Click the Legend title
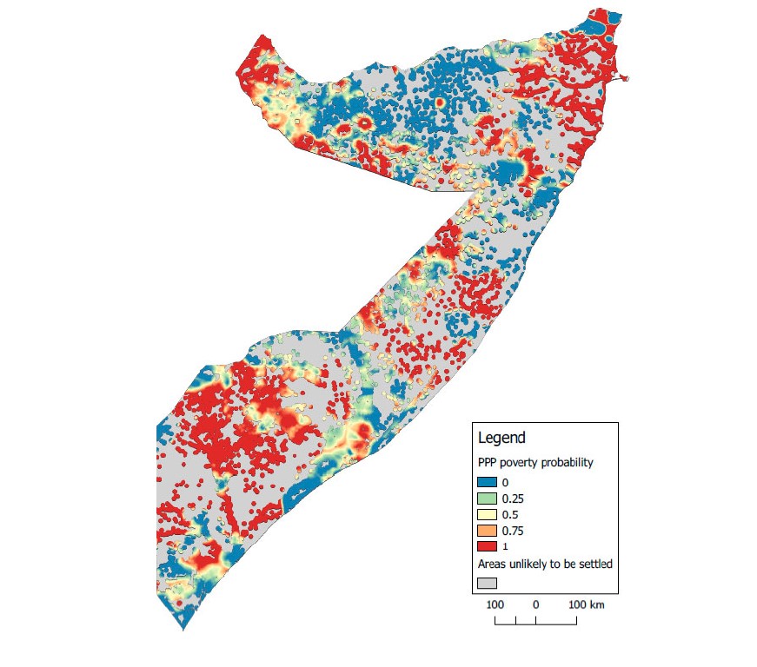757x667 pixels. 501,438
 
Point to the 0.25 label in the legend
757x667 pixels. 514,499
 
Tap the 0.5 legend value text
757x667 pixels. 510,514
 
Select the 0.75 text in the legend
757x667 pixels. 514,530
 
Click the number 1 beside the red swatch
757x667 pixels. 506,545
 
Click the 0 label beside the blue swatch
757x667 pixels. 506,482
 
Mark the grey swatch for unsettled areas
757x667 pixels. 488,583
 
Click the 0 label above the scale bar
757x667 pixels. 536,604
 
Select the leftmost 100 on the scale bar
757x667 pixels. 495,604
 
